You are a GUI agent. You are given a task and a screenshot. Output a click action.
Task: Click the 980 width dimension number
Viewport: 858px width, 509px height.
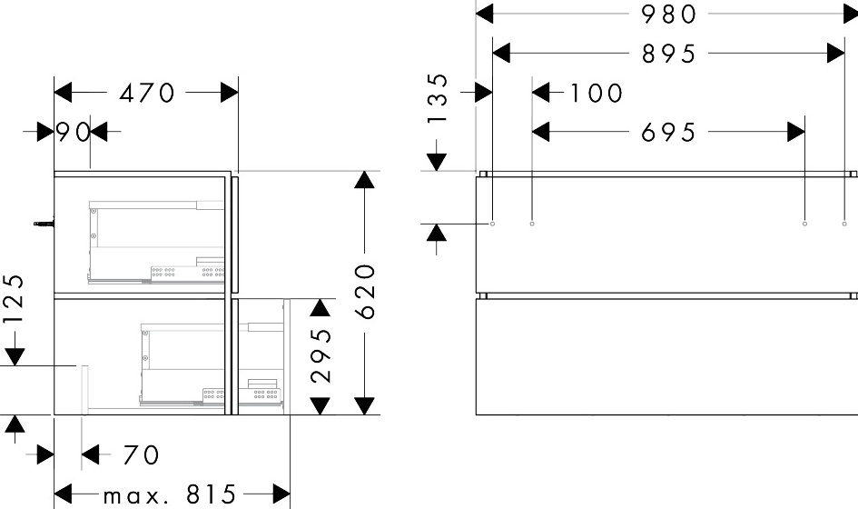click(x=668, y=15)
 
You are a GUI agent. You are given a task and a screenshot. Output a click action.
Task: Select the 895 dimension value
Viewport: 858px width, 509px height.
click(x=668, y=54)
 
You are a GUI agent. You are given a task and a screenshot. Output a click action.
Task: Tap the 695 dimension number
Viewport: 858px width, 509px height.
click(x=668, y=132)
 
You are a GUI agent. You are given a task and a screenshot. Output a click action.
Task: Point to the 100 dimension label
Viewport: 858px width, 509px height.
click(x=597, y=93)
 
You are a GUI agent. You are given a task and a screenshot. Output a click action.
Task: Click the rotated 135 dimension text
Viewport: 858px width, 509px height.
click(x=439, y=98)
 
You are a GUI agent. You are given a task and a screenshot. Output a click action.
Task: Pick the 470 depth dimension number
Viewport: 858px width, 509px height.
click(x=147, y=93)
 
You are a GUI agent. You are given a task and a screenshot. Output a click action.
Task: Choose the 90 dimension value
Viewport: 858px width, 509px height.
click(x=74, y=132)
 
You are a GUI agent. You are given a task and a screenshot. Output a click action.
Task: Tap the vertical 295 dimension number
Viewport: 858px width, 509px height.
click(x=321, y=355)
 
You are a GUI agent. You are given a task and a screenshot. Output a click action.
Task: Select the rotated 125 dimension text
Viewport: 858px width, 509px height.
click(x=15, y=299)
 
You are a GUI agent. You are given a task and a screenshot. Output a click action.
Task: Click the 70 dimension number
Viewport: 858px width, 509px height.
click(x=141, y=454)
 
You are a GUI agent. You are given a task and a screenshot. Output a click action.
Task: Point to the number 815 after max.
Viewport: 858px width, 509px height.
click(x=211, y=494)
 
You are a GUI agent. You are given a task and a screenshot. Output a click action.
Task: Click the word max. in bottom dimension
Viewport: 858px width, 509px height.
click(x=132, y=496)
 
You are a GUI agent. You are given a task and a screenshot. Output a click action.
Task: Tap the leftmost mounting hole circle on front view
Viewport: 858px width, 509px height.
click(x=493, y=224)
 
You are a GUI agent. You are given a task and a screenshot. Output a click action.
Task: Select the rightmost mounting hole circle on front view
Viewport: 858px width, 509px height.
click(x=844, y=224)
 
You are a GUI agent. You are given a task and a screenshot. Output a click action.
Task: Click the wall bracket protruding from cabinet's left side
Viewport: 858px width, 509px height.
click(x=44, y=224)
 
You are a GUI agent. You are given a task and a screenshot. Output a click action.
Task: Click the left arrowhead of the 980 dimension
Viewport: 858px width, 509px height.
click(x=484, y=15)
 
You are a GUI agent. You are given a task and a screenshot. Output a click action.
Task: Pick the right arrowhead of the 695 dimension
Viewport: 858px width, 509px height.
click(x=796, y=132)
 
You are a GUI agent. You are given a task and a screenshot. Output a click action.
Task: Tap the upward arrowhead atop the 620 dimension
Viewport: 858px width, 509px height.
click(x=364, y=180)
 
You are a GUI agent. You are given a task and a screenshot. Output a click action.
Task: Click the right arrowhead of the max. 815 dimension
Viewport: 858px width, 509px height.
click(x=281, y=494)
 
